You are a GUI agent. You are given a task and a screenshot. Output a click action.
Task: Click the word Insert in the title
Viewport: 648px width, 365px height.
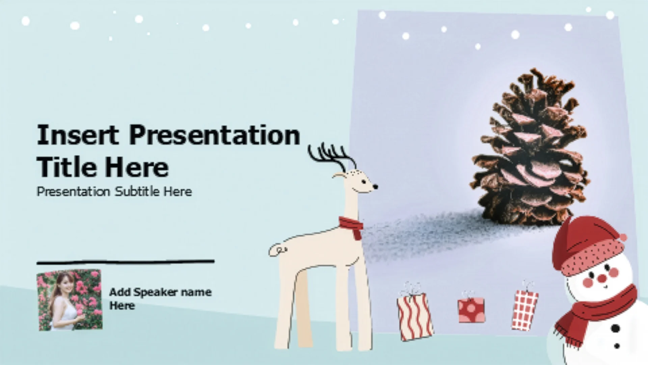(x=78, y=135)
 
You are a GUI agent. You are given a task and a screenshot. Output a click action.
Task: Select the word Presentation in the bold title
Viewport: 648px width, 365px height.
(x=215, y=135)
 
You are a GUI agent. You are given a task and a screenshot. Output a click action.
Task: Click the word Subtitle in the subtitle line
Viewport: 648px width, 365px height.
(x=137, y=192)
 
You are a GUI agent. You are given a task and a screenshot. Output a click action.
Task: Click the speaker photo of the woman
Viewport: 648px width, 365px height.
(x=69, y=300)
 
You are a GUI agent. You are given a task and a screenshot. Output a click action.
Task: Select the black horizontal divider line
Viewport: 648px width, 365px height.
(x=126, y=262)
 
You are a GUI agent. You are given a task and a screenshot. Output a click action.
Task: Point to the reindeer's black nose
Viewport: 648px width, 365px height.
(x=375, y=186)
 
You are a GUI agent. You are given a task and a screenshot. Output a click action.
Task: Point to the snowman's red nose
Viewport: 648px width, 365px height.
(x=602, y=278)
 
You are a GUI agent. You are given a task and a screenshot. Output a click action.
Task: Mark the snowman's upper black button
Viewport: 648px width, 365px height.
(x=616, y=328)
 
